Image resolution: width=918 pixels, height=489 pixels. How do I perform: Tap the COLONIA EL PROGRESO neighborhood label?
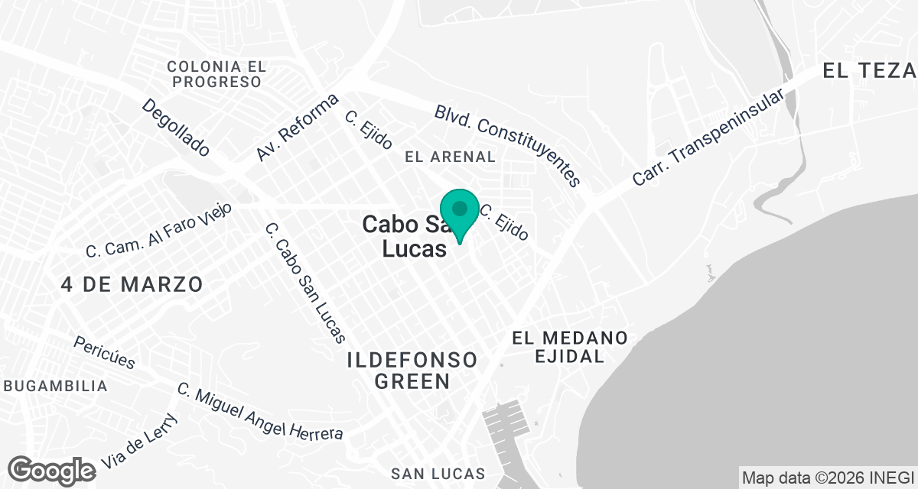click(216, 74)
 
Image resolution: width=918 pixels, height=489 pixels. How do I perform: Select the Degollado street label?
click(175, 128)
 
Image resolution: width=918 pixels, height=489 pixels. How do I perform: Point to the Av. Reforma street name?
click(297, 128)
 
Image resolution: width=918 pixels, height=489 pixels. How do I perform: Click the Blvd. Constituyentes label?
click(508, 145)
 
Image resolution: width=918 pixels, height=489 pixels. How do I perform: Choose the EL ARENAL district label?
click(451, 157)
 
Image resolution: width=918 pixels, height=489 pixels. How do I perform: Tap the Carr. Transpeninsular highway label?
click(708, 138)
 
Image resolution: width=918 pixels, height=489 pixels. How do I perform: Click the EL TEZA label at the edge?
click(869, 71)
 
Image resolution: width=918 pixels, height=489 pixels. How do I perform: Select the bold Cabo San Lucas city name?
click(405, 236)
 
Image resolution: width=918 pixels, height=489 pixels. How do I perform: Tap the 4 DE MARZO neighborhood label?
click(132, 284)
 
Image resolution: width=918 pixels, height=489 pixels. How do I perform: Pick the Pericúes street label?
click(105, 351)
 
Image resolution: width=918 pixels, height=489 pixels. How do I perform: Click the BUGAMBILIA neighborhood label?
click(55, 386)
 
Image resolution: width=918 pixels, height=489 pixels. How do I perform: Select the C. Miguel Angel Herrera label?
click(260, 413)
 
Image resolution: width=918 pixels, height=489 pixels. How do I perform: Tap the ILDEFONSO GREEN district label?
click(412, 370)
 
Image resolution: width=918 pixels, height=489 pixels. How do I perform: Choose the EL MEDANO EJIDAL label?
click(570, 346)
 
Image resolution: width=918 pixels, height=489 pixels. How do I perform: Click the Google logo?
click(52, 470)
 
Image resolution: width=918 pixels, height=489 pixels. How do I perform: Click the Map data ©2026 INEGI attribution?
click(828, 476)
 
